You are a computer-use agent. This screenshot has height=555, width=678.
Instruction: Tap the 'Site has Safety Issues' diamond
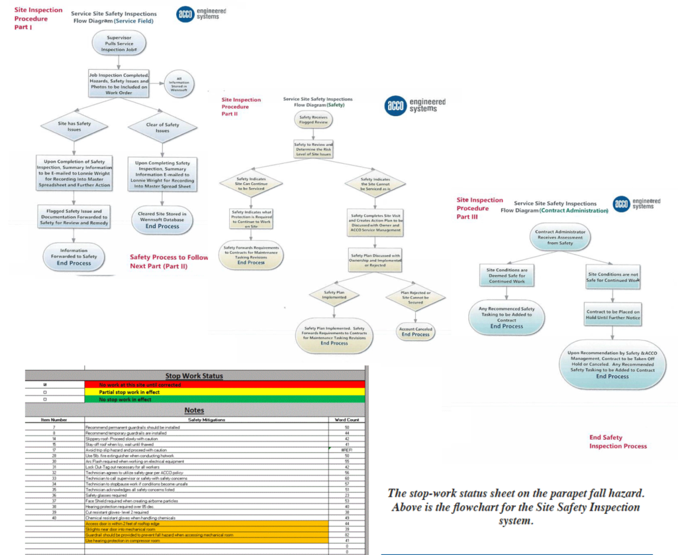(x=74, y=127)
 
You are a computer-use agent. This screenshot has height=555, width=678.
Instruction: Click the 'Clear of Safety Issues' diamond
(x=162, y=127)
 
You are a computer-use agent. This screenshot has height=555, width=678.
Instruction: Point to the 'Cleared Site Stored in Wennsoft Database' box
(x=162, y=219)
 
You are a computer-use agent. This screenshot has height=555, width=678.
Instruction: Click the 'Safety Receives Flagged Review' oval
(x=313, y=120)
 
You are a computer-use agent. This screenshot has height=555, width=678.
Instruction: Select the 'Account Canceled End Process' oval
(x=415, y=331)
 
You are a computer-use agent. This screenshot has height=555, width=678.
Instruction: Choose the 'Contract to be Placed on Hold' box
(x=612, y=314)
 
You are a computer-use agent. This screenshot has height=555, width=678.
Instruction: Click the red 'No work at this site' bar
(x=224, y=385)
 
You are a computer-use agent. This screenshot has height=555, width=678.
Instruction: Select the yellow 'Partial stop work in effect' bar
(x=224, y=392)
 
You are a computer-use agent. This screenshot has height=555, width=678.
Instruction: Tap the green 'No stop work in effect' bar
(x=224, y=400)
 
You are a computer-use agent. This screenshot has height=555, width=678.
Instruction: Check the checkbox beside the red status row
(x=45, y=385)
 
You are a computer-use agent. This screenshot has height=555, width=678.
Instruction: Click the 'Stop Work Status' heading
(x=194, y=376)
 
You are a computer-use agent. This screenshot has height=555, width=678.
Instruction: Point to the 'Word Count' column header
(x=347, y=420)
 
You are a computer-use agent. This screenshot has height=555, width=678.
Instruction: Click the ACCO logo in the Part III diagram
(x=621, y=204)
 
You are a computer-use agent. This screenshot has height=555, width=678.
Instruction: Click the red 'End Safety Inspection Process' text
(x=617, y=442)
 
